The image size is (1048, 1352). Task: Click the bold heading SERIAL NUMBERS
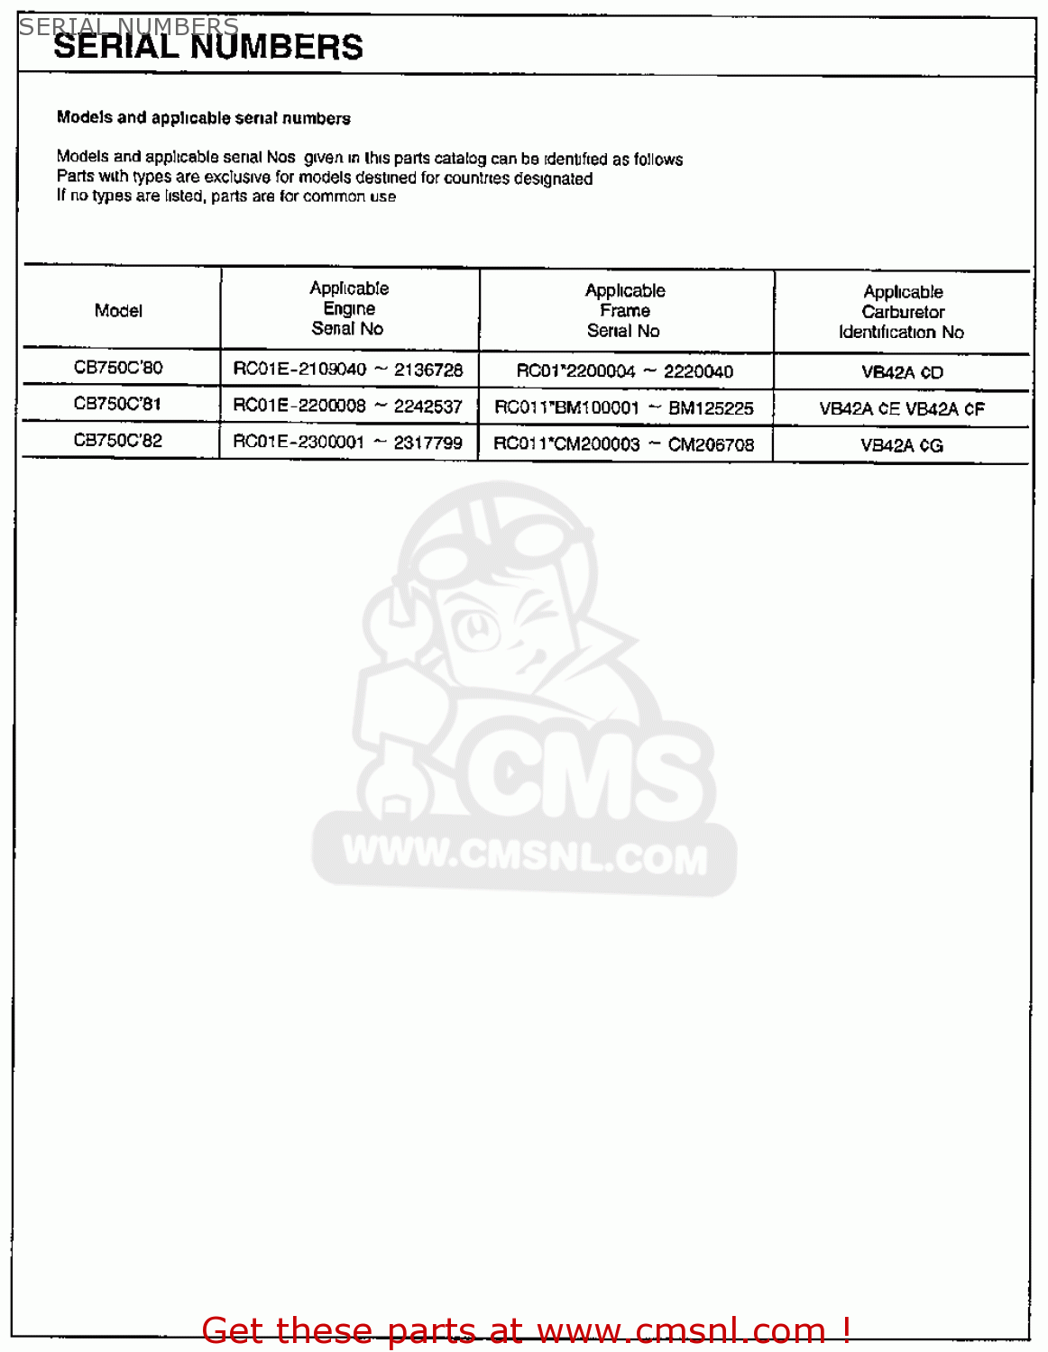pos(208,48)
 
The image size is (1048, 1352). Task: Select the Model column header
pos(118,311)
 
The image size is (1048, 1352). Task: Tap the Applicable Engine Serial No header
pos(349,308)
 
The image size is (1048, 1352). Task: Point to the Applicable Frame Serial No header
pos(624,310)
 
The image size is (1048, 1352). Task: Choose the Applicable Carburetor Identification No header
pos(902,312)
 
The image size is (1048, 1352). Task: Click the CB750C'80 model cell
pos(118,368)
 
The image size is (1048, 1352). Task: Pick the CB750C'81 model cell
pos(118,404)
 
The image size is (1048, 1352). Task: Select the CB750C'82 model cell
pos(118,441)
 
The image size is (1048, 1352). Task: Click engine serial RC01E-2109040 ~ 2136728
pos(348,370)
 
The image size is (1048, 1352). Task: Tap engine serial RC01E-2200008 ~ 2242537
pos(348,406)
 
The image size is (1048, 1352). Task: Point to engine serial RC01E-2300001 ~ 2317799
pos(348,443)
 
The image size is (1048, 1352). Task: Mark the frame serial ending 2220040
pos(624,371)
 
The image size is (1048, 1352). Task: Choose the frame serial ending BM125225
pos(624,408)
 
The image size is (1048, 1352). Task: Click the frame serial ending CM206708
pos(624,444)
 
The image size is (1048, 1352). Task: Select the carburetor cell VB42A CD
pos(902,372)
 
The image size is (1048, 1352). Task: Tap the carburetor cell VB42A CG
pos(902,445)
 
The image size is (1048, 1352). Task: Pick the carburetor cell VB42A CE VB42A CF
pos(902,409)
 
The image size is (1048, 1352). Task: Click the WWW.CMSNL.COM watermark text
pos(525,855)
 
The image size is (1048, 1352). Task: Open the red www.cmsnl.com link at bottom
pos(681,1330)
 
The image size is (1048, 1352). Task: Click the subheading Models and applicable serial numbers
pos(204,118)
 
